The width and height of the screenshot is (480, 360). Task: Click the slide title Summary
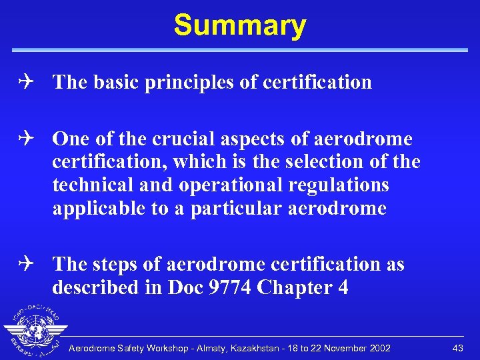pos(240,25)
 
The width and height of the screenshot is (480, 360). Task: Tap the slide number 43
pos(457,348)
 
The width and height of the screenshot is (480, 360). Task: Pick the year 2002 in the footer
pos(379,348)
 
